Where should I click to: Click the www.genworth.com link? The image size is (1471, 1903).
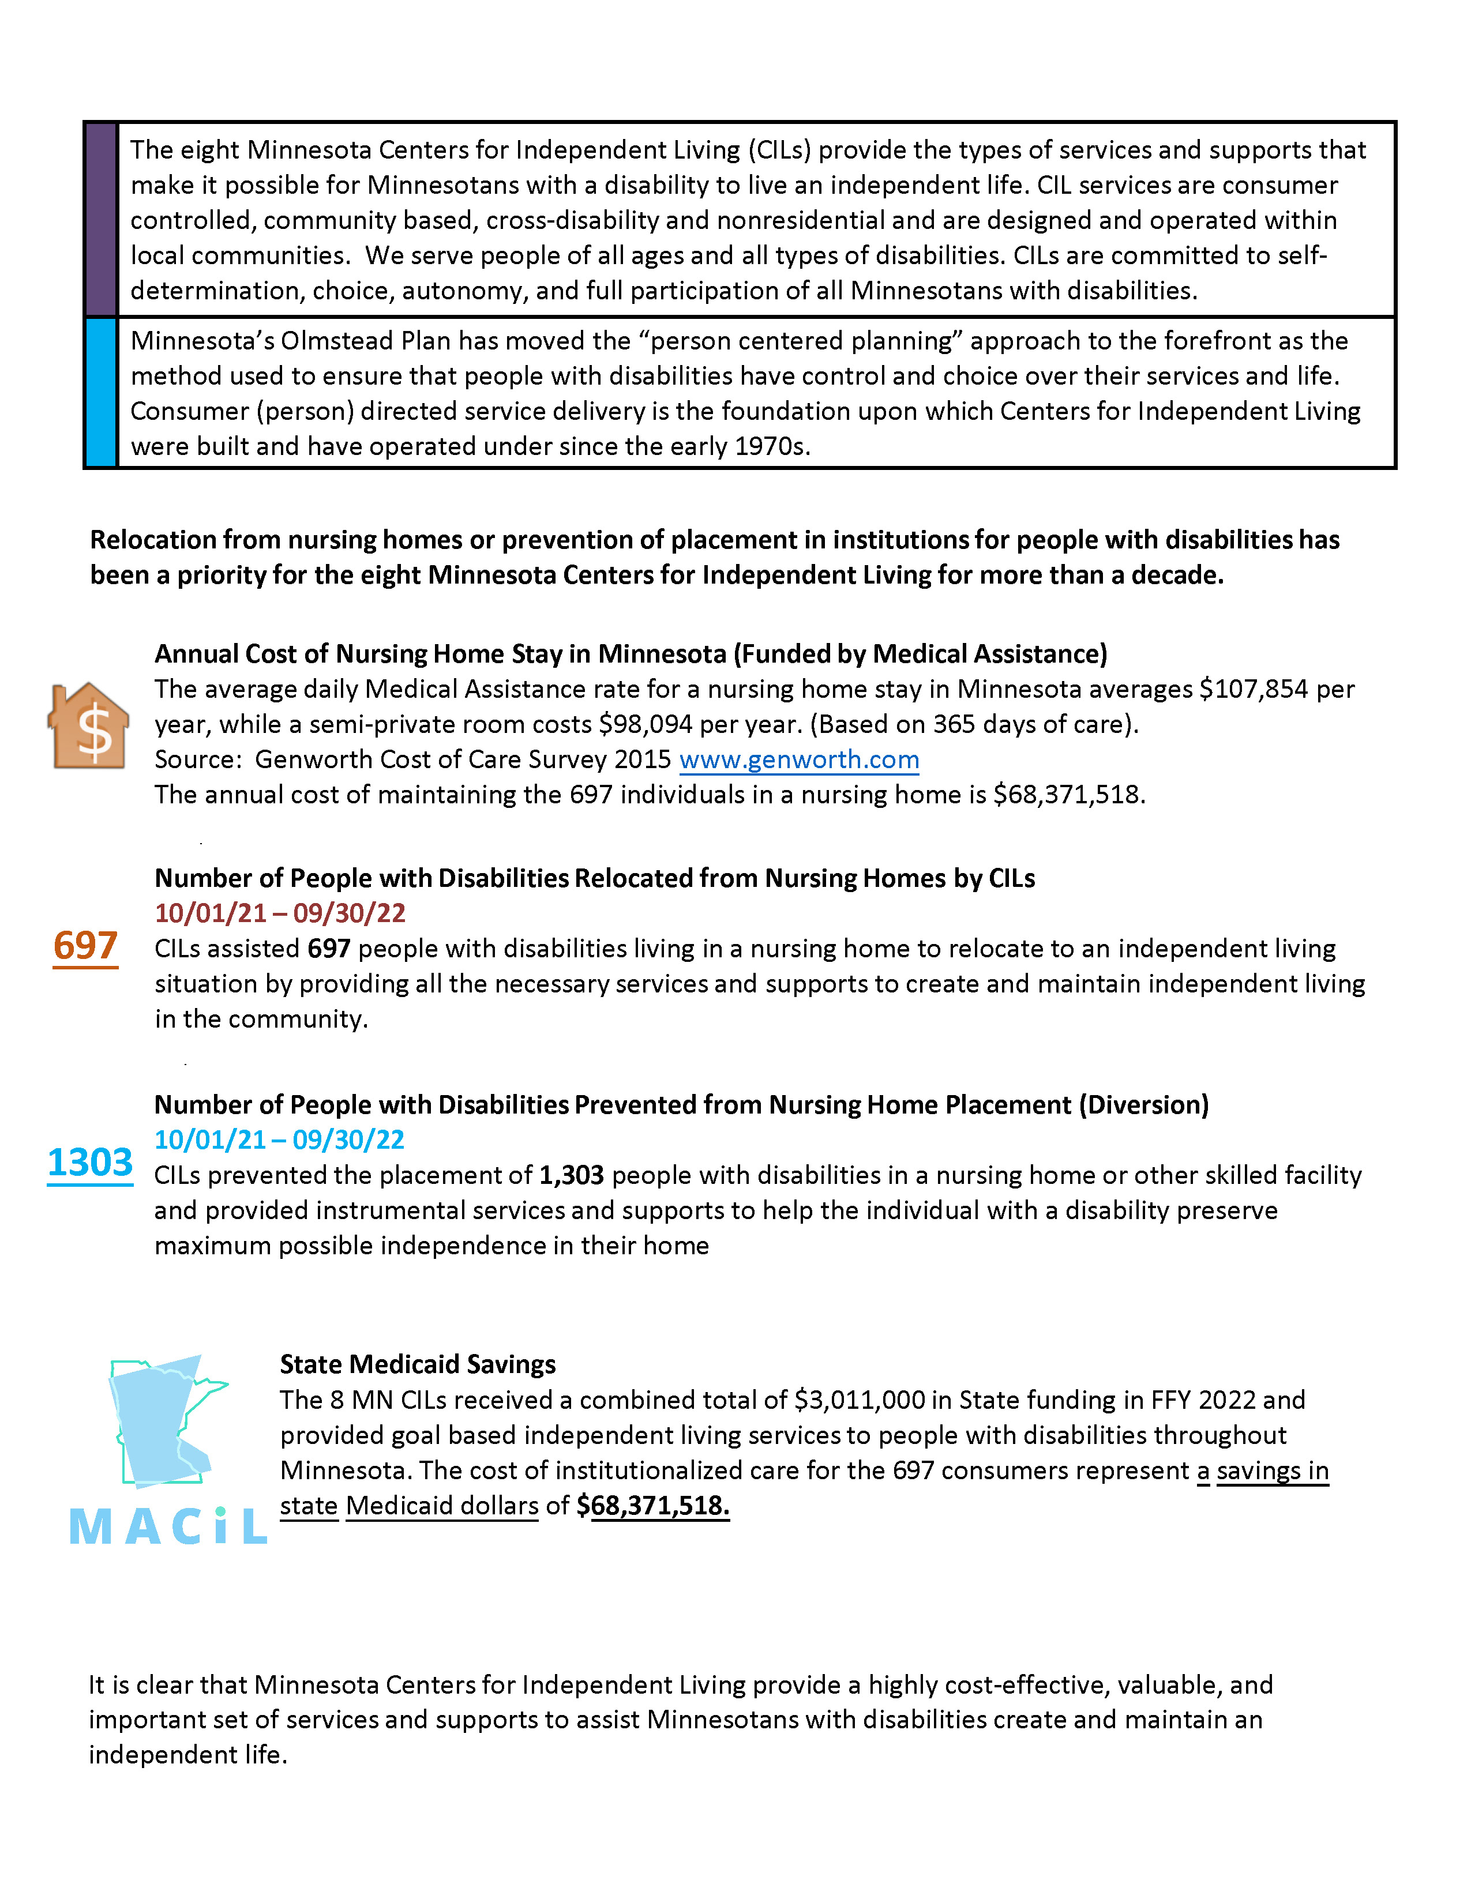(x=798, y=760)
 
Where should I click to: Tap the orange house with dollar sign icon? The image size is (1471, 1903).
(x=89, y=726)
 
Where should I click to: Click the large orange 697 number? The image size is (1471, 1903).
(x=85, y=946)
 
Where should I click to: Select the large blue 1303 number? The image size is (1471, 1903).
(x=90, y=1163)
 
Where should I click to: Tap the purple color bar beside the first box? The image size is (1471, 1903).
(x=101, y=220)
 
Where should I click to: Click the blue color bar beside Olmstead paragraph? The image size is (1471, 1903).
(x=101, y=393)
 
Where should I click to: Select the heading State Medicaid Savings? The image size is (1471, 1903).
(x=418, y=1364)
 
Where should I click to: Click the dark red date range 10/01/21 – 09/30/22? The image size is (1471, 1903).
(x=280, y=913)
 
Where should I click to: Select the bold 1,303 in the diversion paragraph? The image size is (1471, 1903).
(x=572, y=1175)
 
